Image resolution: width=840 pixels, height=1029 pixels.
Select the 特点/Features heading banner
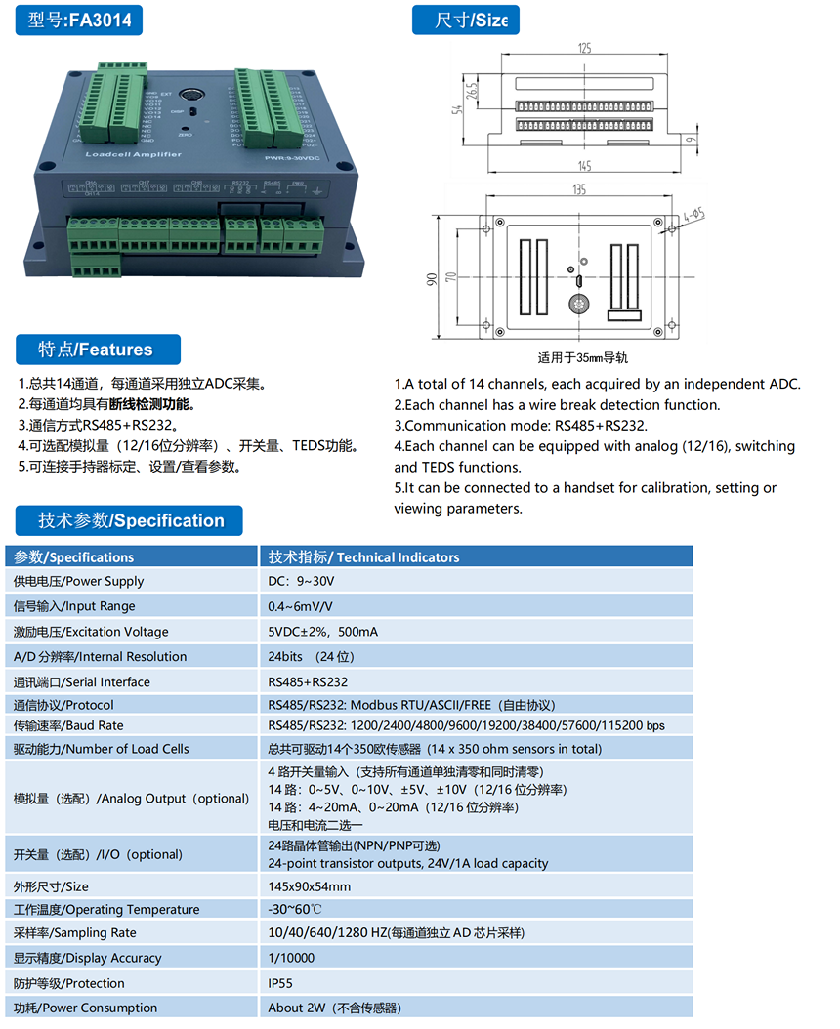pyautogui.click(x=98, y=350)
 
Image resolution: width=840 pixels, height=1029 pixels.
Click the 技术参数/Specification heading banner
pyautogui.click(x=131, y=520)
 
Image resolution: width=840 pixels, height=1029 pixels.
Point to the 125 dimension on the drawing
pyautogui.click(x=585, y=48)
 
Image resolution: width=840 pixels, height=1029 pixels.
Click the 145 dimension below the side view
pyautogui.click(x=584, y=166)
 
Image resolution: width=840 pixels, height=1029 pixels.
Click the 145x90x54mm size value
pyautogui.click(x=310, y=886)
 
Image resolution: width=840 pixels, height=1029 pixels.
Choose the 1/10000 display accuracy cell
pyautogui.click(x=292, y=958)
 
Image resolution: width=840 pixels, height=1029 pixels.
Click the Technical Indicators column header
pyautogui.click(x=364, y=556)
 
